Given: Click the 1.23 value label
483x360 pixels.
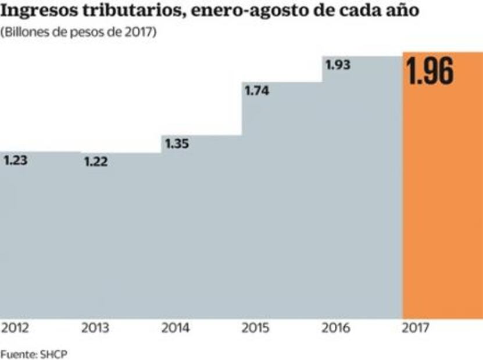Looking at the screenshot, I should click(17, 161).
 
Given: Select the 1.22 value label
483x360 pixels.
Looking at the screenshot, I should click(95, 162).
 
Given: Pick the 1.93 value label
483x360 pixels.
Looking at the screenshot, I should click(338, 65).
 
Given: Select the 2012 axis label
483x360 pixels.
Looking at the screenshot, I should click(15, 329).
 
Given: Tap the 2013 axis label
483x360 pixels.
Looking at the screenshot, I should click(95, 329).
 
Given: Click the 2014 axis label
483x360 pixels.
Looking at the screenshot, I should click(176, 329).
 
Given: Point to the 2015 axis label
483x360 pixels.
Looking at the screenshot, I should click(256, 329).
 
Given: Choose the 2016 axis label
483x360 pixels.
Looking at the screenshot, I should click(337, 329).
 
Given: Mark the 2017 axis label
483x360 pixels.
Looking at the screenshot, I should click(416, 329).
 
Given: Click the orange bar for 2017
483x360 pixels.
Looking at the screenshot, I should click(442, 203).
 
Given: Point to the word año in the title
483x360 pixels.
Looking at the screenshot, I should click(400, 12).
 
